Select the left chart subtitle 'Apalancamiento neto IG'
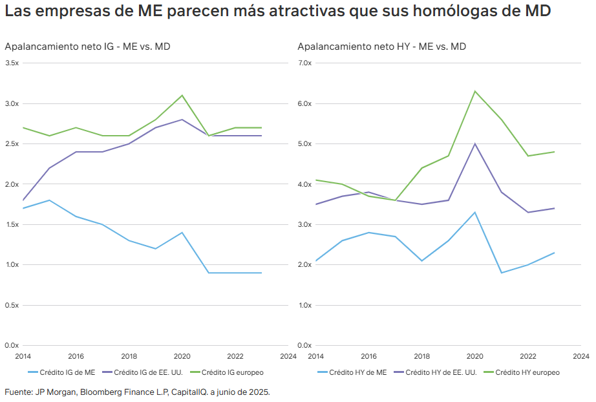[x=59, y=47]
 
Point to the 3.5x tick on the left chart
[x=12, y=63]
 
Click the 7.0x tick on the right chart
[x=304, y=63]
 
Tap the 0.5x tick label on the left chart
[x=12, y=305]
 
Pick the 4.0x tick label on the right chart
[x=304, y=184]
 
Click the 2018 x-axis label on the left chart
[x=129, y=356]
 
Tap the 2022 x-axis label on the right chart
[x=528, y=356]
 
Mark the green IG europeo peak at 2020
[x=182, y=95]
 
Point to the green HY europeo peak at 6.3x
[x=475, y=91]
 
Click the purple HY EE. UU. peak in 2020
[x=475, y=143]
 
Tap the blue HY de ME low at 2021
[x=502, y=273]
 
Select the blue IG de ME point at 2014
[x=23, y=208]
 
